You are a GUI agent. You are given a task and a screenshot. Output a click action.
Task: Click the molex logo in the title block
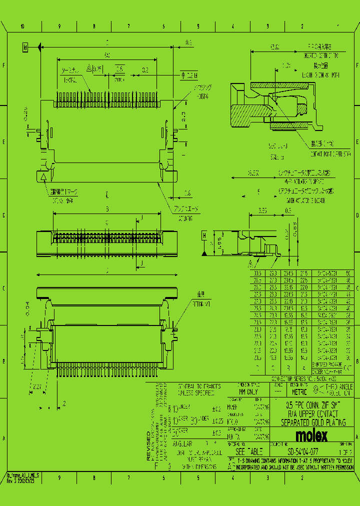tap(311, 435)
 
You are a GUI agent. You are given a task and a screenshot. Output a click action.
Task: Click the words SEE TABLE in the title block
tap(245, 451)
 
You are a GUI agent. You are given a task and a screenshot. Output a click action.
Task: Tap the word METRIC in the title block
tap(299, 392)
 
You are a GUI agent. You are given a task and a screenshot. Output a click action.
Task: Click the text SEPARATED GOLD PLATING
tap(312, 423)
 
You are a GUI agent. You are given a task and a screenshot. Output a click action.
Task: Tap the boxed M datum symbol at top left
tap(25, 47)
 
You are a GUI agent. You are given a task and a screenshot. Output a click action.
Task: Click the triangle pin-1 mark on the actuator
tap(43, 176)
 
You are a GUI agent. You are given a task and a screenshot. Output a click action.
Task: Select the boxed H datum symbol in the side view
tap(204, 235)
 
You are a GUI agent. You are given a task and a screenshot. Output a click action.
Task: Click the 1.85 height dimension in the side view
tap(218, 243)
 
